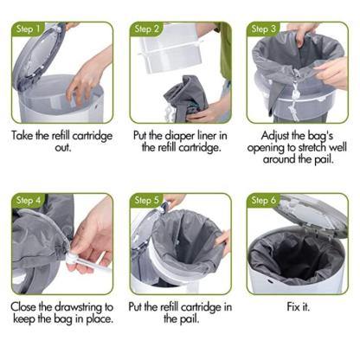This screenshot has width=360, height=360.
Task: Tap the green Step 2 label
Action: (x=145, y=29)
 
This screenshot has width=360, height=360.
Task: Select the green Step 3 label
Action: (x=262, y=29)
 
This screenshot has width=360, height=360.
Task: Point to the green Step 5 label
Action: (x=145, y=202)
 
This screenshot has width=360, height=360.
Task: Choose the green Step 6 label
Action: (x=262, y=202)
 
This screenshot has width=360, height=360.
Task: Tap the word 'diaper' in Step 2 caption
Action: (x=170, y=136)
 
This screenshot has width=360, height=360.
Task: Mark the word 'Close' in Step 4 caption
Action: (x=29, y=307)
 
